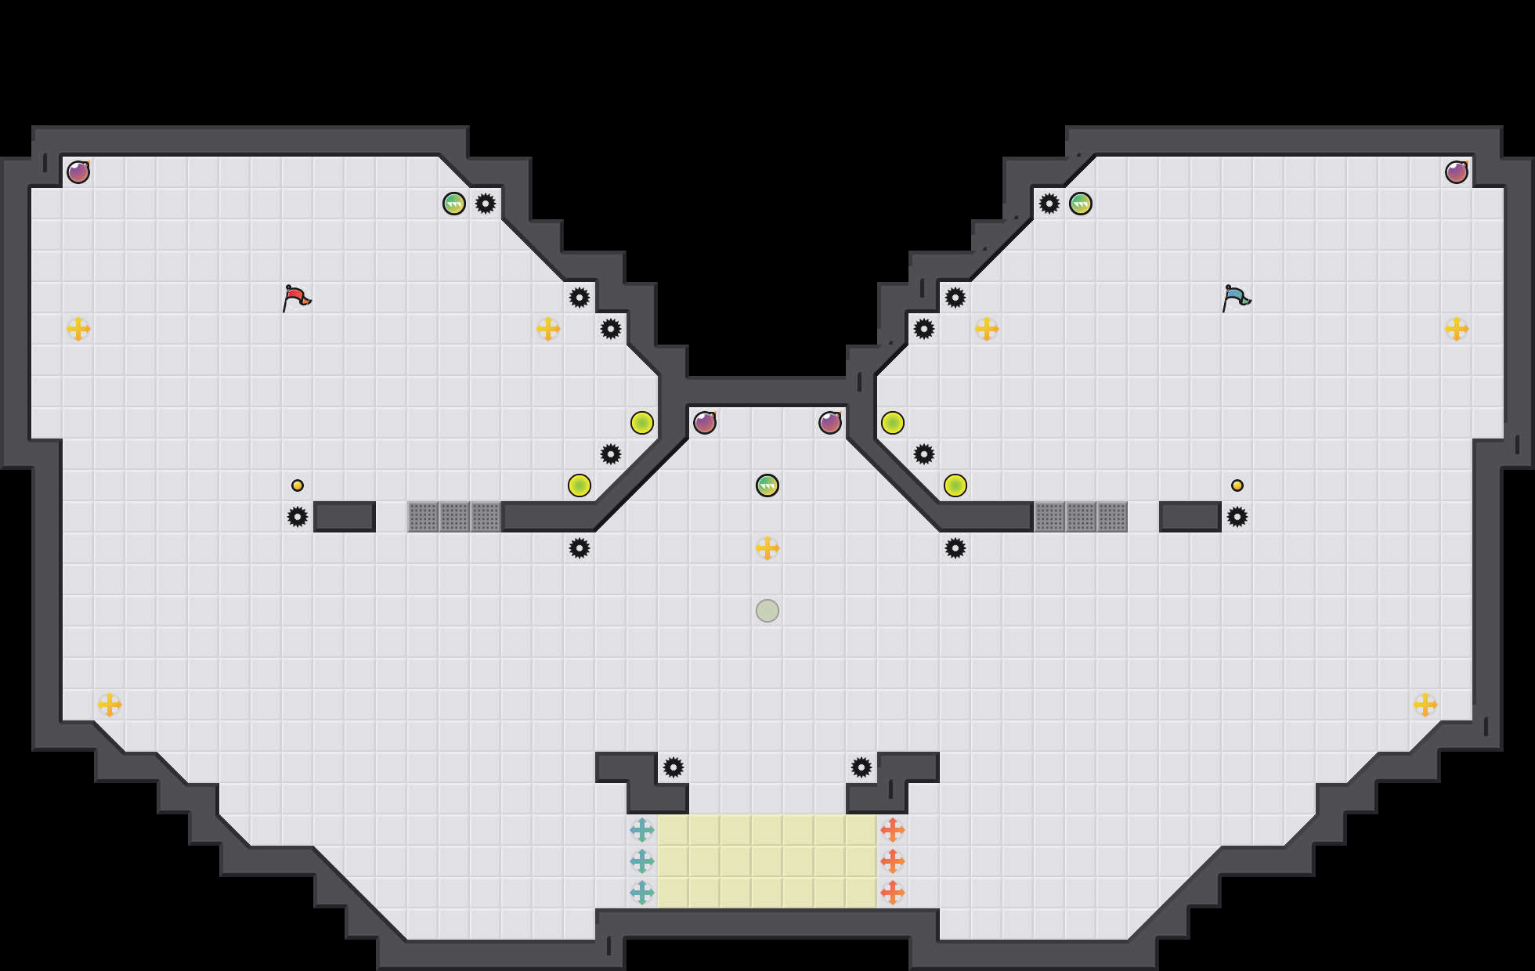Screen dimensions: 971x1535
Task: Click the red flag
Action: pos(296,298)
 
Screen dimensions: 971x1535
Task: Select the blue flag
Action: pos(1236,298)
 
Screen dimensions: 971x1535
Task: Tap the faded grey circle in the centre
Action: pos(767,611)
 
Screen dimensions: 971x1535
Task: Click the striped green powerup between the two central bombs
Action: pos(767,485)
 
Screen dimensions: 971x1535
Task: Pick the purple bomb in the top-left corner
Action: pos(78,172)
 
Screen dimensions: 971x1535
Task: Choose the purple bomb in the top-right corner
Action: pos(1457,172)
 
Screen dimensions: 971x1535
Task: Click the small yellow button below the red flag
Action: pos(298,485)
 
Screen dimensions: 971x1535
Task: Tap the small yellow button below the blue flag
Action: pos(1237,485)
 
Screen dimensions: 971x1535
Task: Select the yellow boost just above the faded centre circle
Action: pos(767,548)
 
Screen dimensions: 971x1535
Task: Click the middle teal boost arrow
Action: pos(642,861)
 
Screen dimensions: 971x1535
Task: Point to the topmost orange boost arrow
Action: pos(893,830)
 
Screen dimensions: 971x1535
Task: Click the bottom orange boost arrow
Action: pos(893,893)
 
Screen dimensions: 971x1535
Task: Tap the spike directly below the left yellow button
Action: pos(298,517)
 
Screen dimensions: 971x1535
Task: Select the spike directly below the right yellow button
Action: pos(1237,517)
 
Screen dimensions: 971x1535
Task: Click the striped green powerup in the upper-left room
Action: pos(454,204)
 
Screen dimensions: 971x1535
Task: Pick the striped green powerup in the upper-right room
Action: pos(1081,204)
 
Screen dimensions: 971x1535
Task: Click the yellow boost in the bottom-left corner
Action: pos(110,705)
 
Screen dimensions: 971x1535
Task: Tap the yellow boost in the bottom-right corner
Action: pos(1425,705)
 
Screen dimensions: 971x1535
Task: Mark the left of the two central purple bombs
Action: pos(705,423)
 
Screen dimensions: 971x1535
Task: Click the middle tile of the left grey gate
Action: pos(454,517)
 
